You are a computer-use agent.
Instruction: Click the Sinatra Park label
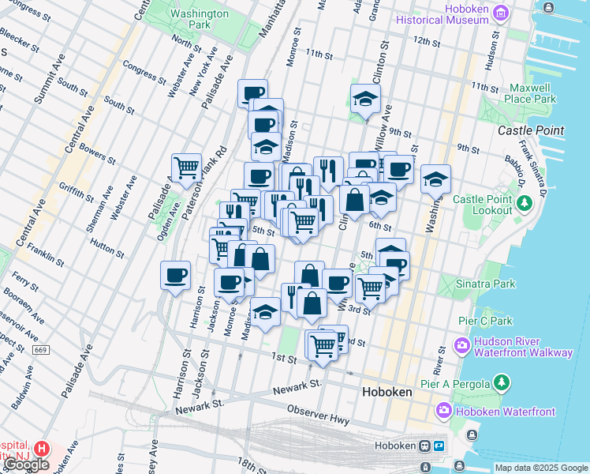pos(487,283)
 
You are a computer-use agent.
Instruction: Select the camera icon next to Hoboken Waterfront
pos(443,412)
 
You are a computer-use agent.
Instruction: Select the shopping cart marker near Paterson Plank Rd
pos(186,167)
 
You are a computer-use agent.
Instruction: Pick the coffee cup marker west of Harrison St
pos(175,276)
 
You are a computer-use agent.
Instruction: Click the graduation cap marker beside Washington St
pos(435,179)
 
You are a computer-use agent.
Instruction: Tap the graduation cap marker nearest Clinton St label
pos(365,99)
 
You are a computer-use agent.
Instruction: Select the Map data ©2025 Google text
pos(540,468)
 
